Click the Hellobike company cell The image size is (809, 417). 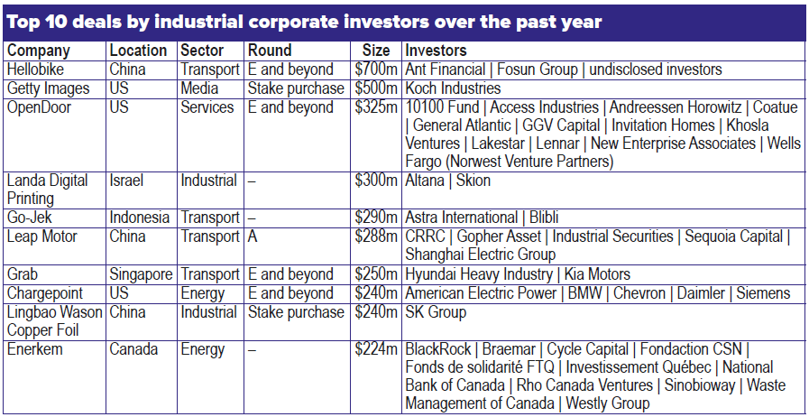pos(34,69)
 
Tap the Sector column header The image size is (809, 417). pos(202,51)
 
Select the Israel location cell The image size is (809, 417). pos(125,181)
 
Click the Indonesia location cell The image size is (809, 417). pos(139,218)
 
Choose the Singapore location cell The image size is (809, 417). pos(142,274)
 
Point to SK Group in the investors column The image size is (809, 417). pos(436,312)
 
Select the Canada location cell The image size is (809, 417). pos(132,349)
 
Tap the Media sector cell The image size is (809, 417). pos(198,88)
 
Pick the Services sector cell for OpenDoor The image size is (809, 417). pos(207,107)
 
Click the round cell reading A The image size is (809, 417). pos(253,236)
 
